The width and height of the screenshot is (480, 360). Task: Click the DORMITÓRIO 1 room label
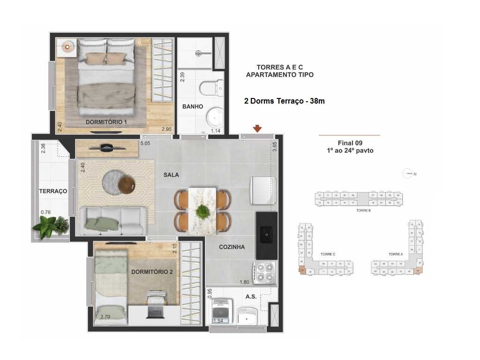[x=106, y=122]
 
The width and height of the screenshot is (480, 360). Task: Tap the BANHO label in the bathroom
[x=193, y=106]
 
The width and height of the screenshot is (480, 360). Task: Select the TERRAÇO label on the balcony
[x=53, y=191]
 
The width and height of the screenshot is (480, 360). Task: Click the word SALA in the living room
[x=171, y=175]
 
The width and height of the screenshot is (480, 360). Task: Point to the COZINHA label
[x=232, y=247]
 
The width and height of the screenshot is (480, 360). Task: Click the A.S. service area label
[x=251, y=297]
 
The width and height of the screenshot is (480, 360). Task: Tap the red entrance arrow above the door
[x=257, y=128]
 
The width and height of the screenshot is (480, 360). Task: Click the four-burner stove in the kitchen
[x=265, y=273]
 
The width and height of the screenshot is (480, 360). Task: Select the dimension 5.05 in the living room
[x=145, y=143]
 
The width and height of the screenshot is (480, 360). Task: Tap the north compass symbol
[x=408, y=174]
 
